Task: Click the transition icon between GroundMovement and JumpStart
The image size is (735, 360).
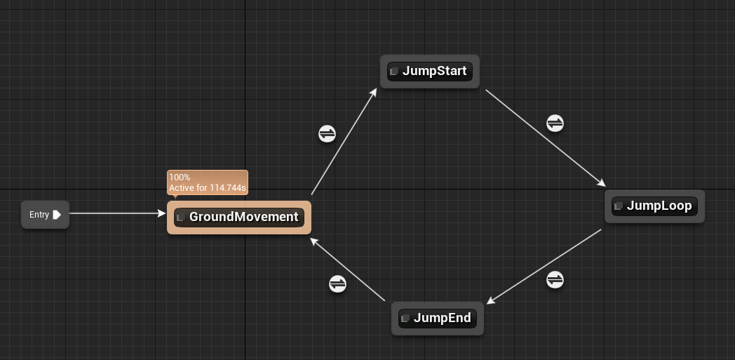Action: click(327, 133)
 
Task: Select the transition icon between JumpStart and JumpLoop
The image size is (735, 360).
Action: click(555, 123)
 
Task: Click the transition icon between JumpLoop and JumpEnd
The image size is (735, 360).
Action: click(555, 279)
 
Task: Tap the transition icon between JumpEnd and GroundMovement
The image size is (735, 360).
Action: click(337, 284)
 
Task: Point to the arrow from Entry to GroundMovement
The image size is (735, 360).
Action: click(116, 213)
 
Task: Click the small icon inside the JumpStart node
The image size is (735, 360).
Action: click(394, 72)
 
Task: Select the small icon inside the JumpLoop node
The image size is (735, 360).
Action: click(619, 206)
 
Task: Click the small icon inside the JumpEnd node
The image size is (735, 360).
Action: click(405, 319)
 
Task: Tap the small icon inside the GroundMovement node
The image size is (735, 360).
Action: click(181, 218)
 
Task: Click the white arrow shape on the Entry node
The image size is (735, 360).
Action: click(57, 215)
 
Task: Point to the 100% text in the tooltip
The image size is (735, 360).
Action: click(180, 178)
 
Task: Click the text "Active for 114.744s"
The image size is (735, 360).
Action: click(208, 188)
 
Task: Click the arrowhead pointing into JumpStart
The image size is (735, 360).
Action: click(374, 92)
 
